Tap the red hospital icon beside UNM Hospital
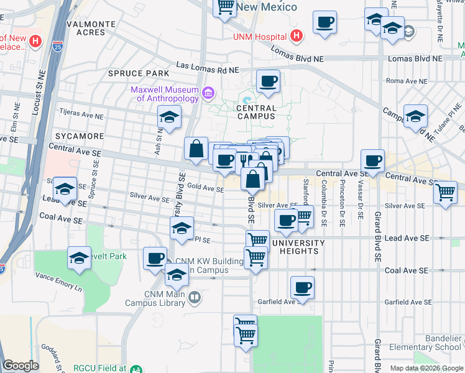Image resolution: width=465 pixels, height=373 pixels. point(297,36)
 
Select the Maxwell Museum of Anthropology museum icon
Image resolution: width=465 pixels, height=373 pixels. point(208,94)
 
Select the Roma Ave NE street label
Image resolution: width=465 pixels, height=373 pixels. point(407,81)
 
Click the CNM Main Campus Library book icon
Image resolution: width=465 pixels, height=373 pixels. point(195,298)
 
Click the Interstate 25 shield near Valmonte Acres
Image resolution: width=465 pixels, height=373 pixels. point(57,45)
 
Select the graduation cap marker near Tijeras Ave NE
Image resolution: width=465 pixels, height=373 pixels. point(169,116)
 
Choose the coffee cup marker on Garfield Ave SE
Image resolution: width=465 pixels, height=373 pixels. point(302,287)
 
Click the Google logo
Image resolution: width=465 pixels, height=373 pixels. point(21,366)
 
